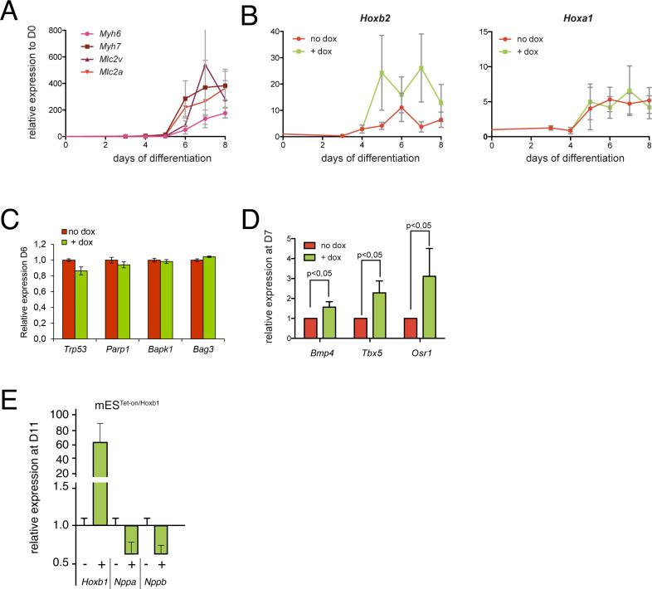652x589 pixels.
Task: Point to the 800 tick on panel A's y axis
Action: [52, 31]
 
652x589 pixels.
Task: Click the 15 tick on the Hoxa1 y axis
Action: [483, 31]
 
